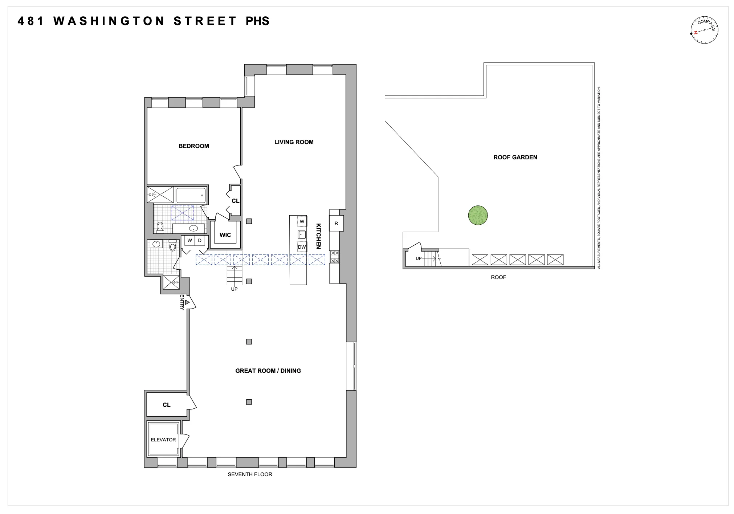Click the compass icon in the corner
[704, 30]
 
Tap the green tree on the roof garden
[478, 216]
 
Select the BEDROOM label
[193, 146]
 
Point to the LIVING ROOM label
[294, 142]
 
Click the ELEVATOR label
[163, 440]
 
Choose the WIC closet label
[225, 235]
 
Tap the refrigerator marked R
[336, 224]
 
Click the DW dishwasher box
[302, 247]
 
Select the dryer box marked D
[200, 241]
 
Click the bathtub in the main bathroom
[191, 195]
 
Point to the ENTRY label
[182, 302]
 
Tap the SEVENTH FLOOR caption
[250, 474]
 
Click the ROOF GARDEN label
[515, 158]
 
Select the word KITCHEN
[318, 236]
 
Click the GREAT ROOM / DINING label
[268, 371]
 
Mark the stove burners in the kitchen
[334, 257]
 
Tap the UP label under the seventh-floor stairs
[234, 289]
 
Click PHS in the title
[257, 21]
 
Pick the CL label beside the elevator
[166, 405]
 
